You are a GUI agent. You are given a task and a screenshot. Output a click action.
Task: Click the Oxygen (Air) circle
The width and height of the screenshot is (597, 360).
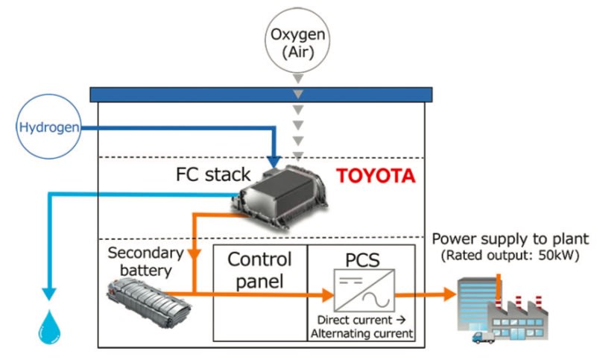pyautogui.click(x=297, y=42)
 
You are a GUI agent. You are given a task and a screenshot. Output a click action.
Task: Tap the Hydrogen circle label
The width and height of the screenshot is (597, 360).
pyautogui.click(x=48, y=127)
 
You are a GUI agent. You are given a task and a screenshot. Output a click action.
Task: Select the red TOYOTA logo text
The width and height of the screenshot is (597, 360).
pyautogui.click(x=376, y=177)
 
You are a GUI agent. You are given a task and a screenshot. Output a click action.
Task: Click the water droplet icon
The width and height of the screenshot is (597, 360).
pyautogui.click(x=50, y=326)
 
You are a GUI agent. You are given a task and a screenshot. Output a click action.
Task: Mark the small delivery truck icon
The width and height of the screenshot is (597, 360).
pyautogui.click(x=482, y=336)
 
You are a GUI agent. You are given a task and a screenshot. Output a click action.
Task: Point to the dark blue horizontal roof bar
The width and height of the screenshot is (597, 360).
pyautogui.click(x=260, y=94)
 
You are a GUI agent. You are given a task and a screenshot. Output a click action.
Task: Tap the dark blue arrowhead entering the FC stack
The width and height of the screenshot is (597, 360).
pyautogui.click(x=274, y=160)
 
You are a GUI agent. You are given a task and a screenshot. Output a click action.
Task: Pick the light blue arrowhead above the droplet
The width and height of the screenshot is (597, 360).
pyautogui.click(x=50, y=291)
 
